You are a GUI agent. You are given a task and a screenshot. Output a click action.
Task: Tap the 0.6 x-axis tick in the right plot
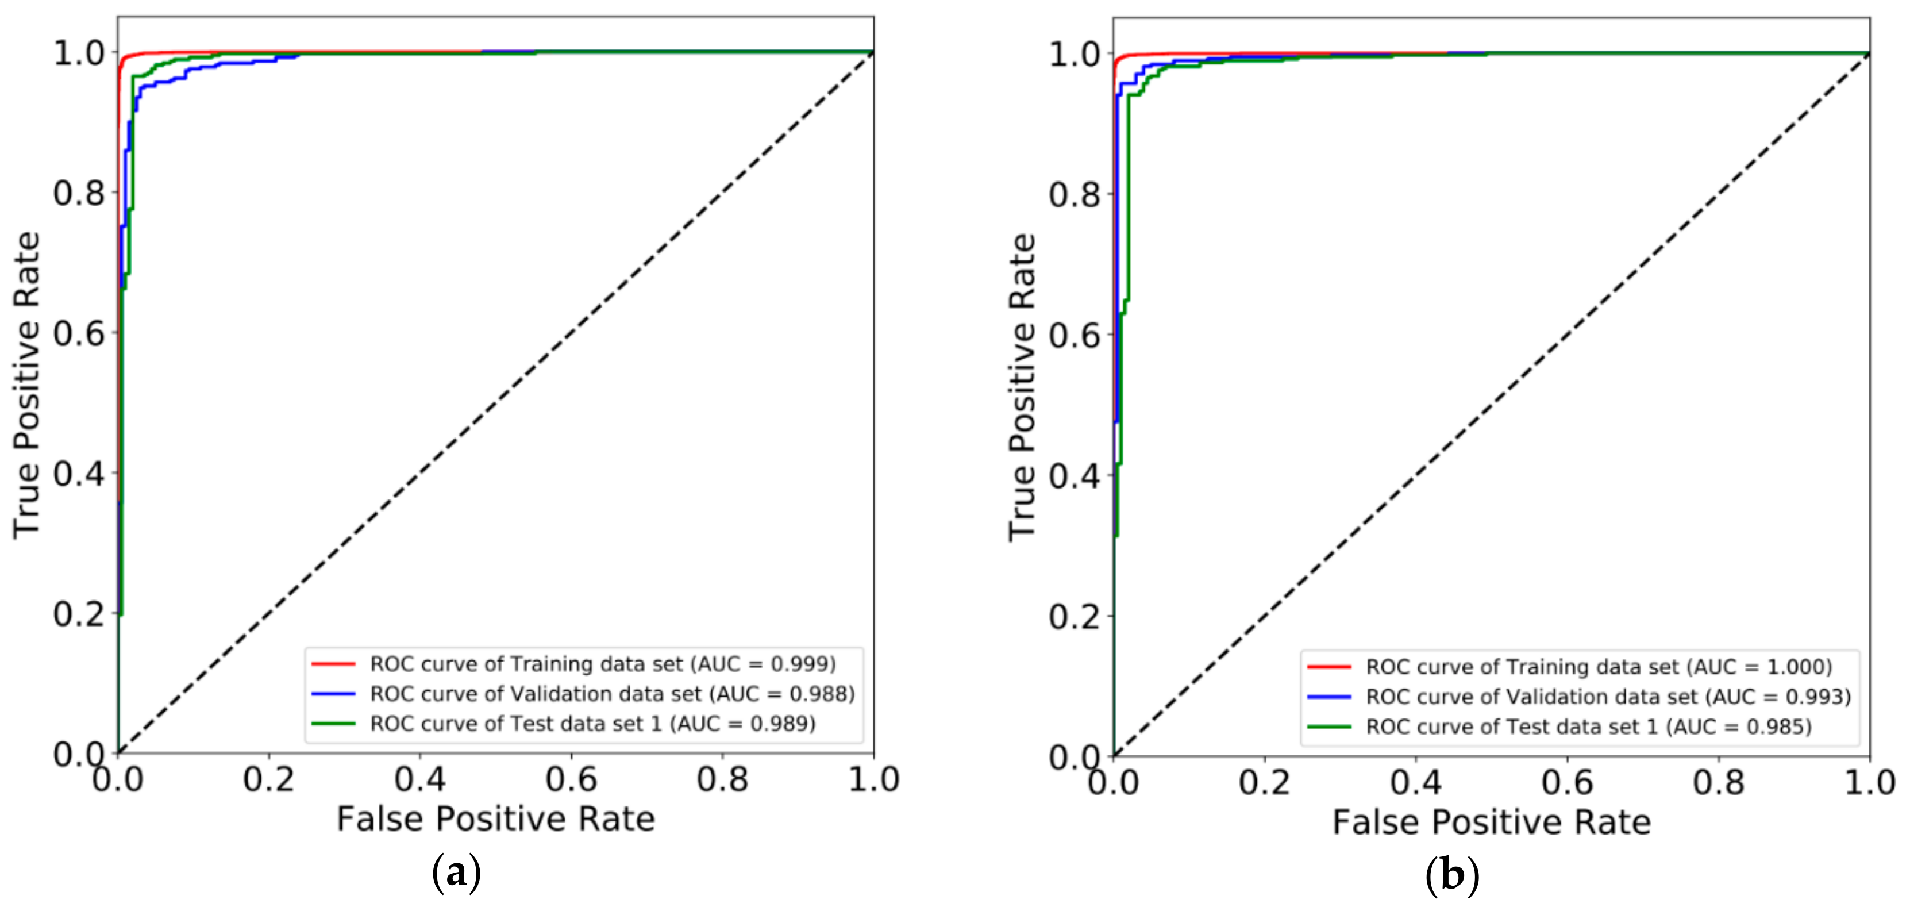coord(1567,782)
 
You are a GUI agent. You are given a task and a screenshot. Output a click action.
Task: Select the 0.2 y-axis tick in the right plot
coord(1073,616)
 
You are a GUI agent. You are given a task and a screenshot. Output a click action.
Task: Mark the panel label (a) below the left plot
coord(456,874)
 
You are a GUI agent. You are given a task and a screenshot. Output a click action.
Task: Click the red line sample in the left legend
coord(333,664)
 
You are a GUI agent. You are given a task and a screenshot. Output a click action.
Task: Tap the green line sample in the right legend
coord(1328,726)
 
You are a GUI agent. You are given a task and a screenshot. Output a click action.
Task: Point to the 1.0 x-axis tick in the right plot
coord(1869,782)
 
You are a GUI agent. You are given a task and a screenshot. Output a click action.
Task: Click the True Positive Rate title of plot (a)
coord(26,384)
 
